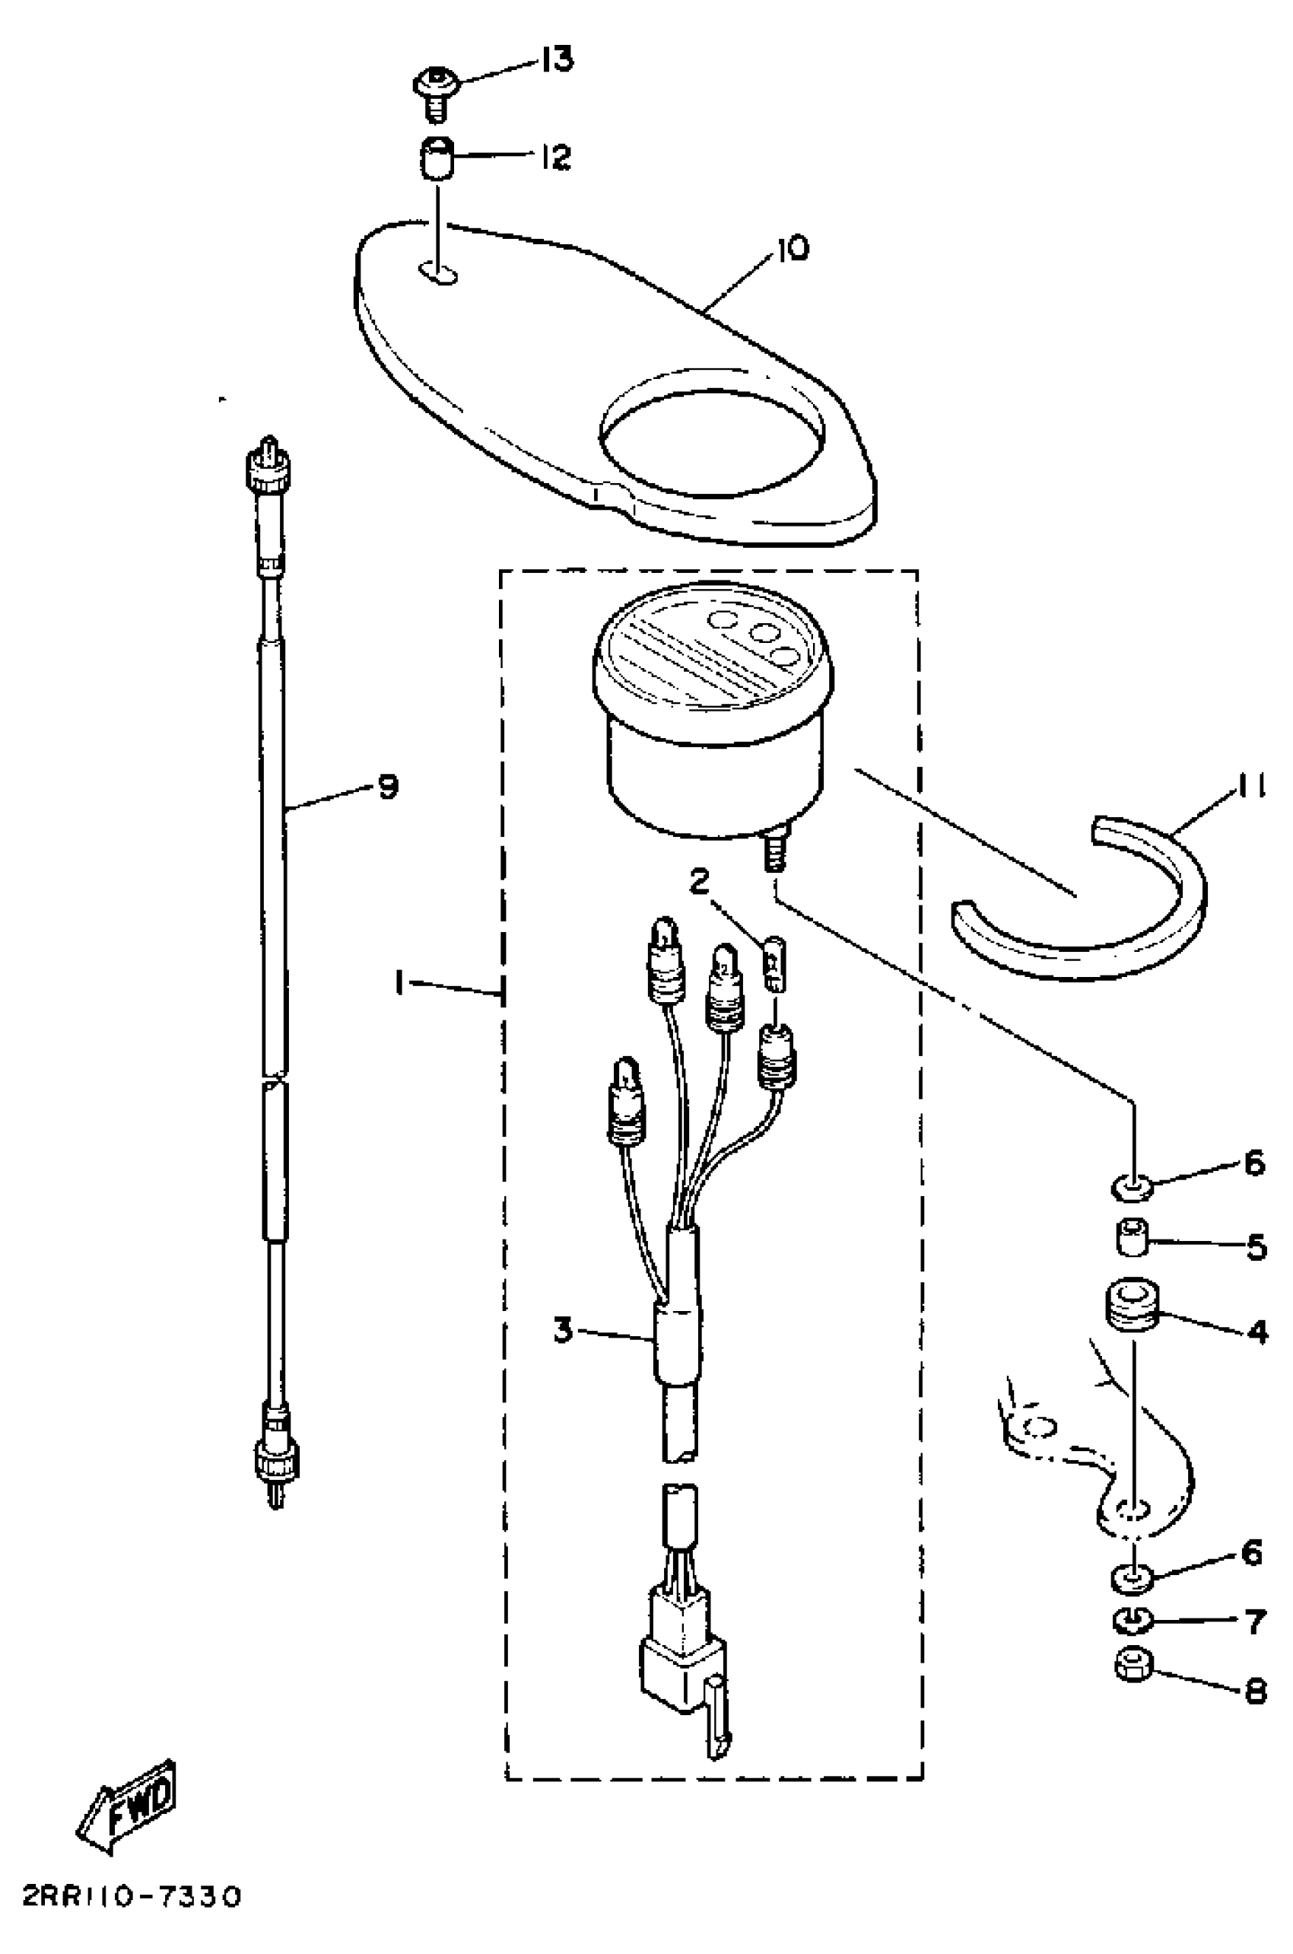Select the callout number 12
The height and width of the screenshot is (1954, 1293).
pyautogui.click(x=557, y=157)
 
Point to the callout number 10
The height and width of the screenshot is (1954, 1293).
pyautogui.click(x=791, y=248)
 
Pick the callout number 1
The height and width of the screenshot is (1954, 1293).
pyautogui.click(x=399, y=983)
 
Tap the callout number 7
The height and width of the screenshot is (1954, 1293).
pyautogui.click(x=1255, y=1622)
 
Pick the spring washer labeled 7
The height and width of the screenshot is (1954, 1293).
pyautogui.click(x=1133, y=1621)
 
